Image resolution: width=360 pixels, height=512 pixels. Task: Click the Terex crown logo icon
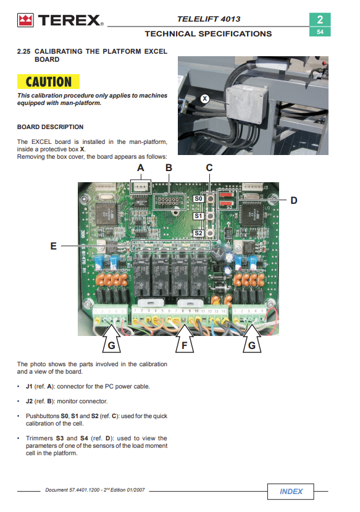coord(25,20)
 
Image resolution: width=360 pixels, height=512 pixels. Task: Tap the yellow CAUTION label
coord(48,82)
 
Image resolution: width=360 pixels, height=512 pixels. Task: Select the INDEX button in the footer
coord(290,492)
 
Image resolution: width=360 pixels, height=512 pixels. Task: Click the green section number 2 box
coord(320,20)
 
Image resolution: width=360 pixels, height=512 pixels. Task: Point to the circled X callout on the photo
coord(204,98)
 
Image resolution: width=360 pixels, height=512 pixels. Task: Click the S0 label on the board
coord(198,198)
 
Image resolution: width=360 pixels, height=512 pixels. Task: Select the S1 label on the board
coord(198,216)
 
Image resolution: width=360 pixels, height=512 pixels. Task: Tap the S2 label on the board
coord(198,233)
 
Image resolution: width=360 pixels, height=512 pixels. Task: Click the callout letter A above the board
coord(140,168)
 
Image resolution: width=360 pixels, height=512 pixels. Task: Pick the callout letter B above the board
coord(169,168)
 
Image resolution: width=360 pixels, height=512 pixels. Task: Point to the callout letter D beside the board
coord(294,201)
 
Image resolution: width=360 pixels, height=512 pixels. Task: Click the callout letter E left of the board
coord(54,246)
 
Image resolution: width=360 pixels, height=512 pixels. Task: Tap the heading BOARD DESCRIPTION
coord(50,127)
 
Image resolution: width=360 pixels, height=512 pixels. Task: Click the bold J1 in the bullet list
coord(29,387)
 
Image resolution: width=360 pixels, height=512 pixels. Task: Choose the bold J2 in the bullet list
coord(29,401)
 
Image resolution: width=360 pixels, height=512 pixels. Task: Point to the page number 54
coord(320,32)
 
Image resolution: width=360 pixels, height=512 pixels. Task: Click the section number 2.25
coord(24,52)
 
